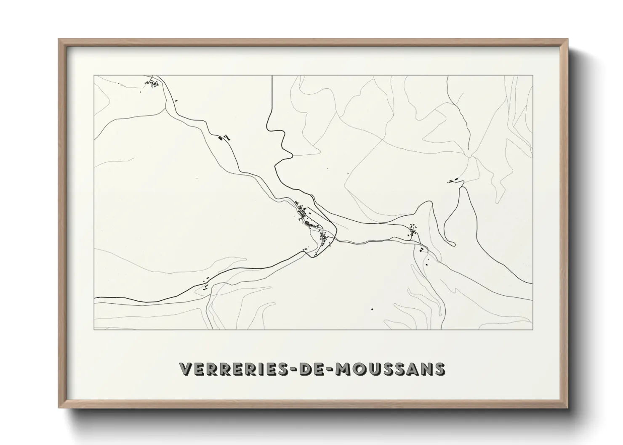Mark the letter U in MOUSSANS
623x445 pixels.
pyautogui.click(x=375, y=369)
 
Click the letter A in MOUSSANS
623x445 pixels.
pyautogui.click(x=413, y=369)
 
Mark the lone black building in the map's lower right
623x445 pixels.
pyautogui.click(x=372, y=309)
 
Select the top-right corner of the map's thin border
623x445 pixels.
pyautogui.click(x=533, y=75)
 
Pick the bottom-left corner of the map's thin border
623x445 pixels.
pyautogui.click(x=94, y=330)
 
